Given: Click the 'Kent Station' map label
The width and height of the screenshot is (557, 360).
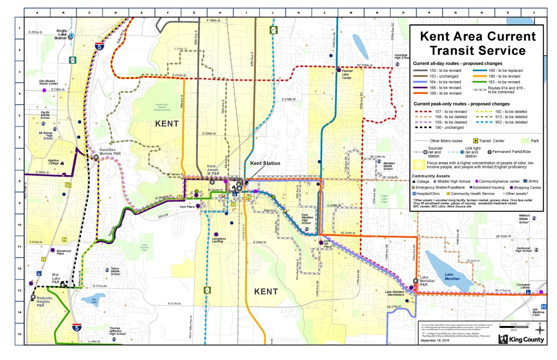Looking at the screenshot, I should click(265, 163).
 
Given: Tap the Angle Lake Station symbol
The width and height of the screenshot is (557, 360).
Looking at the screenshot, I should click(71, 35).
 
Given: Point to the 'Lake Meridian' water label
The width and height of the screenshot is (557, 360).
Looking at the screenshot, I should click(452, 277).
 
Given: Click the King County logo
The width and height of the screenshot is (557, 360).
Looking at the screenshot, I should click(521, 339).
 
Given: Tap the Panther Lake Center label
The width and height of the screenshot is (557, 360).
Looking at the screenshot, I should click(347, 74).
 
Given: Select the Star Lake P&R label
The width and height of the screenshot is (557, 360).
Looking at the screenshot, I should click(56, 278).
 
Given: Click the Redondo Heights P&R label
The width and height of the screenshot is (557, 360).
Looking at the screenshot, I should click(45, 302).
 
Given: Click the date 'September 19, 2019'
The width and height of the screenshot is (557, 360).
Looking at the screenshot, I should click(434, 340).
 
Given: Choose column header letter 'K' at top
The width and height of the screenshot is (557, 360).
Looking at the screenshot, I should click(298, 13).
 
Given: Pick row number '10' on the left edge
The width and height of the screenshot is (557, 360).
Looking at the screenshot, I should click(19, 225).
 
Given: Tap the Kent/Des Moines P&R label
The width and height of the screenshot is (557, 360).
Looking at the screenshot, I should click(110, 152).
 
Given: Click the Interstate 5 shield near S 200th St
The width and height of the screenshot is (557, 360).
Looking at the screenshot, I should click(100, 46).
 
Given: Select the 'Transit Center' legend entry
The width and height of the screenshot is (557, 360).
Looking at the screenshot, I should click(491, 141).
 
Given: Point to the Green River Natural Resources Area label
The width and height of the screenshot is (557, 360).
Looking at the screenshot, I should click(162, 107).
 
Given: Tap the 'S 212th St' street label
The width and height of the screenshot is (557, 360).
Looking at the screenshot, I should click(179, 75).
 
